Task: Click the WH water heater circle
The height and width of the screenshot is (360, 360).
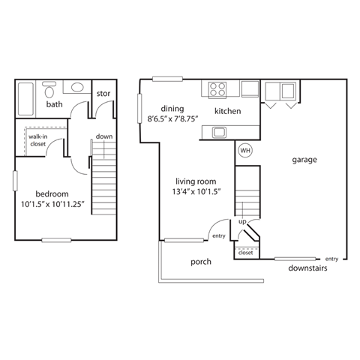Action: pos(244,151)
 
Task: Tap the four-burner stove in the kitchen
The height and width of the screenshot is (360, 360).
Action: pos(217,89)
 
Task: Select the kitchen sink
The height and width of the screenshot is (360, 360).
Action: pos(219,133)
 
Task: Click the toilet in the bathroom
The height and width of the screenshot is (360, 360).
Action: pos(50,92)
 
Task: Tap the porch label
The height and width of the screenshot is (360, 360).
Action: pos(201,262)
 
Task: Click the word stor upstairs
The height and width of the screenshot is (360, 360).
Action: pos(103,94)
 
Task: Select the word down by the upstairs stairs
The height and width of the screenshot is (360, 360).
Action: pos(104,136)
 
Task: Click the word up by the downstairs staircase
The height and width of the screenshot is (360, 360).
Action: pos(242,222)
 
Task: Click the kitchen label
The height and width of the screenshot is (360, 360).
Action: pos(227,111)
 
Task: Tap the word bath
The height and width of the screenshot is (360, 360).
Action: pos(54,105)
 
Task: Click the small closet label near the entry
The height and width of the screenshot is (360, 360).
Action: pos(245,253)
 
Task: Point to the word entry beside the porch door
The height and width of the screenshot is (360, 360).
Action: pos(219,236)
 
